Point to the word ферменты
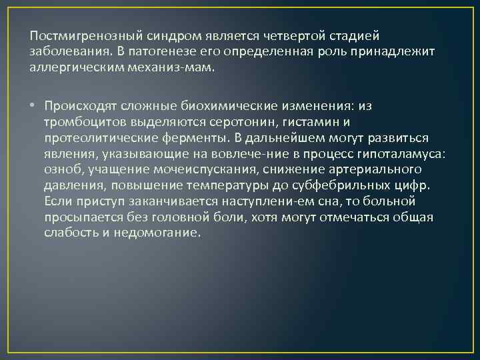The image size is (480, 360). (x=192, y=138)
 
